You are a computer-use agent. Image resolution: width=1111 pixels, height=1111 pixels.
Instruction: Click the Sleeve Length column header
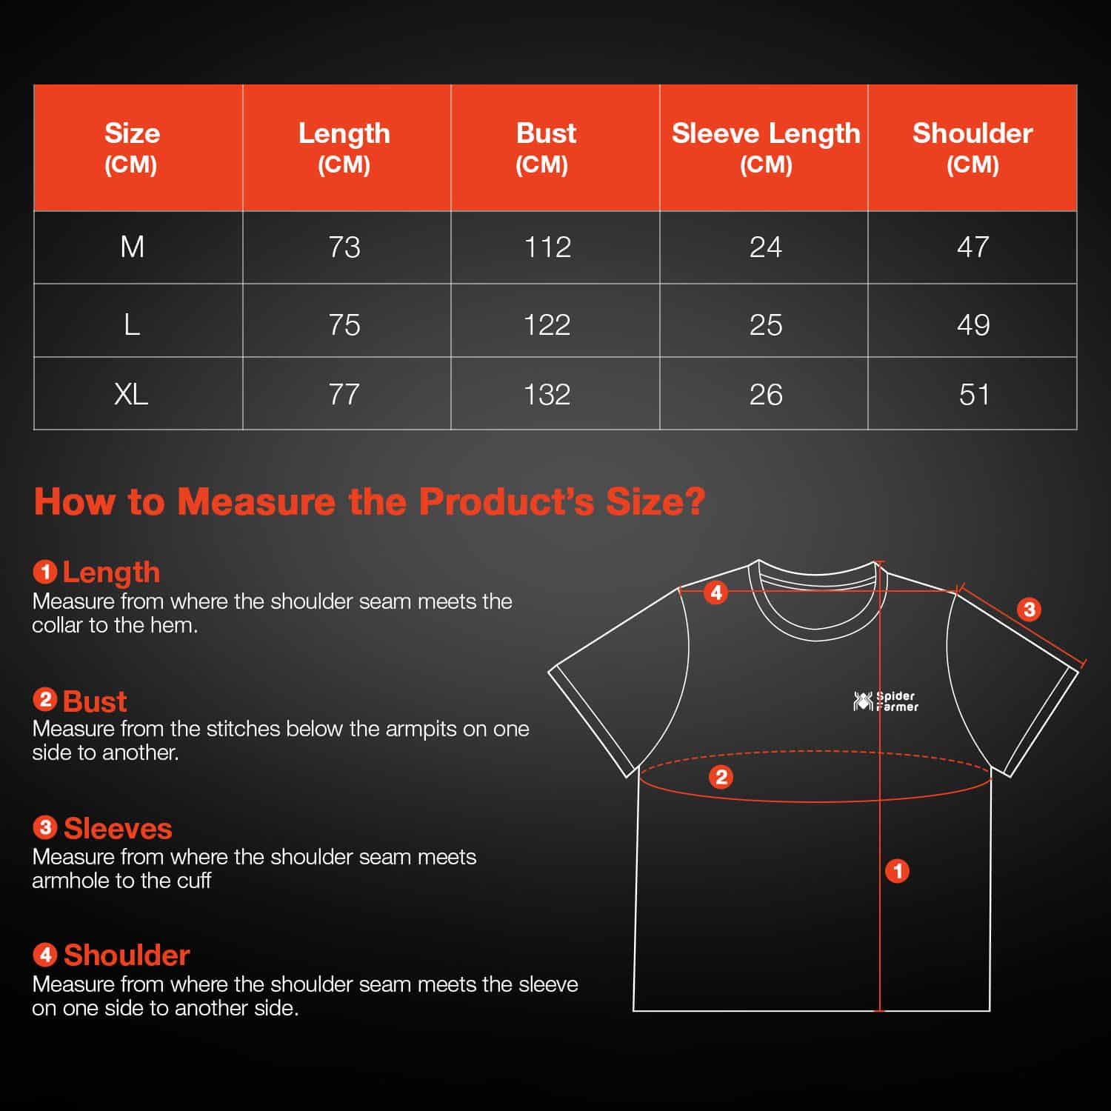point(766,148)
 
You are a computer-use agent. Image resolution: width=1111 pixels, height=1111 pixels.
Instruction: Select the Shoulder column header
point(972,148)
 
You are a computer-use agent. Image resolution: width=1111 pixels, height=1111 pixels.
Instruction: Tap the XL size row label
point(131,394)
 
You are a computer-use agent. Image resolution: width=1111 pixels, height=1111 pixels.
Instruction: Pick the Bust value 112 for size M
point(547,247)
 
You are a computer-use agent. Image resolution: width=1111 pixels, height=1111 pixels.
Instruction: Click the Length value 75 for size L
point(344,325)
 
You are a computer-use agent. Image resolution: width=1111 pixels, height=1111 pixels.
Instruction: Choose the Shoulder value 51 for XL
point(974,394)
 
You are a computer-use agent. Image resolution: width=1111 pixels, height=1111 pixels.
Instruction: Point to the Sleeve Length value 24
point(766,247)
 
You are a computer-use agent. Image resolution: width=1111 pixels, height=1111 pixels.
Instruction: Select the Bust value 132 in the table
point(547,394)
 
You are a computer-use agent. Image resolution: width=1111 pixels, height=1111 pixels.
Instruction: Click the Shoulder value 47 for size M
point(973,247)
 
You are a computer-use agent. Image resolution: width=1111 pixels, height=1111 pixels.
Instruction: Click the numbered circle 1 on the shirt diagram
point(898,871)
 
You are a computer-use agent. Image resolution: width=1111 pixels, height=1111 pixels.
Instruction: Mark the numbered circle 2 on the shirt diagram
point(721,777)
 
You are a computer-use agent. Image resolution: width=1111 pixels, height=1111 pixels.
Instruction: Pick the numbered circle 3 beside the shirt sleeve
point(1029,610)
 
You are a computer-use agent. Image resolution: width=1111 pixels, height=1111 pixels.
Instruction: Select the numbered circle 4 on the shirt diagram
point(716,593)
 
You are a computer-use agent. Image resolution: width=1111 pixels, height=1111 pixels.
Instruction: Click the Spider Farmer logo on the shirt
point(886,701)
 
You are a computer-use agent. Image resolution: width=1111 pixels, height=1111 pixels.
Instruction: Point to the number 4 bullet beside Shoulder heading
point(45,955)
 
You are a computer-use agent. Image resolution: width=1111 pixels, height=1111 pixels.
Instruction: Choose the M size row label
point(132,247)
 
